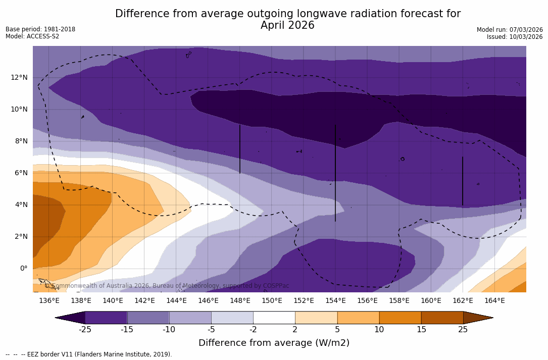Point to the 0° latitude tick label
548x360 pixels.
coord(23,268)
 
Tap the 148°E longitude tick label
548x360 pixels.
coord(240,301)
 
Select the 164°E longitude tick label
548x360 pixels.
coord(494,301)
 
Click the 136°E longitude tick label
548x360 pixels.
coord(49,301)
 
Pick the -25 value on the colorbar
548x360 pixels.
coord(85,330)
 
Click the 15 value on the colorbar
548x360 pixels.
coord(421,330)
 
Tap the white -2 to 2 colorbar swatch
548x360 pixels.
coord(274,318)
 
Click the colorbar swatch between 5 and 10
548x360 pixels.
coord(358,318)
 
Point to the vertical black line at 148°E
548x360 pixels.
coord(240,149)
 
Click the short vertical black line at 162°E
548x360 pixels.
coord(463,181)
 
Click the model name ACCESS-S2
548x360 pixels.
coord(43,36)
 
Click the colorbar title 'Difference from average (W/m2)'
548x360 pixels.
coord(274,343)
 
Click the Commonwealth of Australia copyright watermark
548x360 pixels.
coord(167,286)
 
